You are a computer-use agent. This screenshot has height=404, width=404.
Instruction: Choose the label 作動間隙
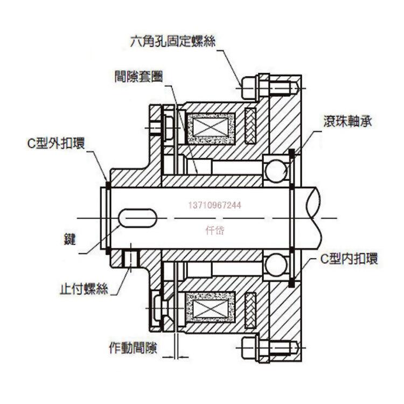point(133,347)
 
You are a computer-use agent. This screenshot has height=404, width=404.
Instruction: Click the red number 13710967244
point(214,205)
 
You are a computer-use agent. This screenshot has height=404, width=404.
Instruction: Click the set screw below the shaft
point(131,258)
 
